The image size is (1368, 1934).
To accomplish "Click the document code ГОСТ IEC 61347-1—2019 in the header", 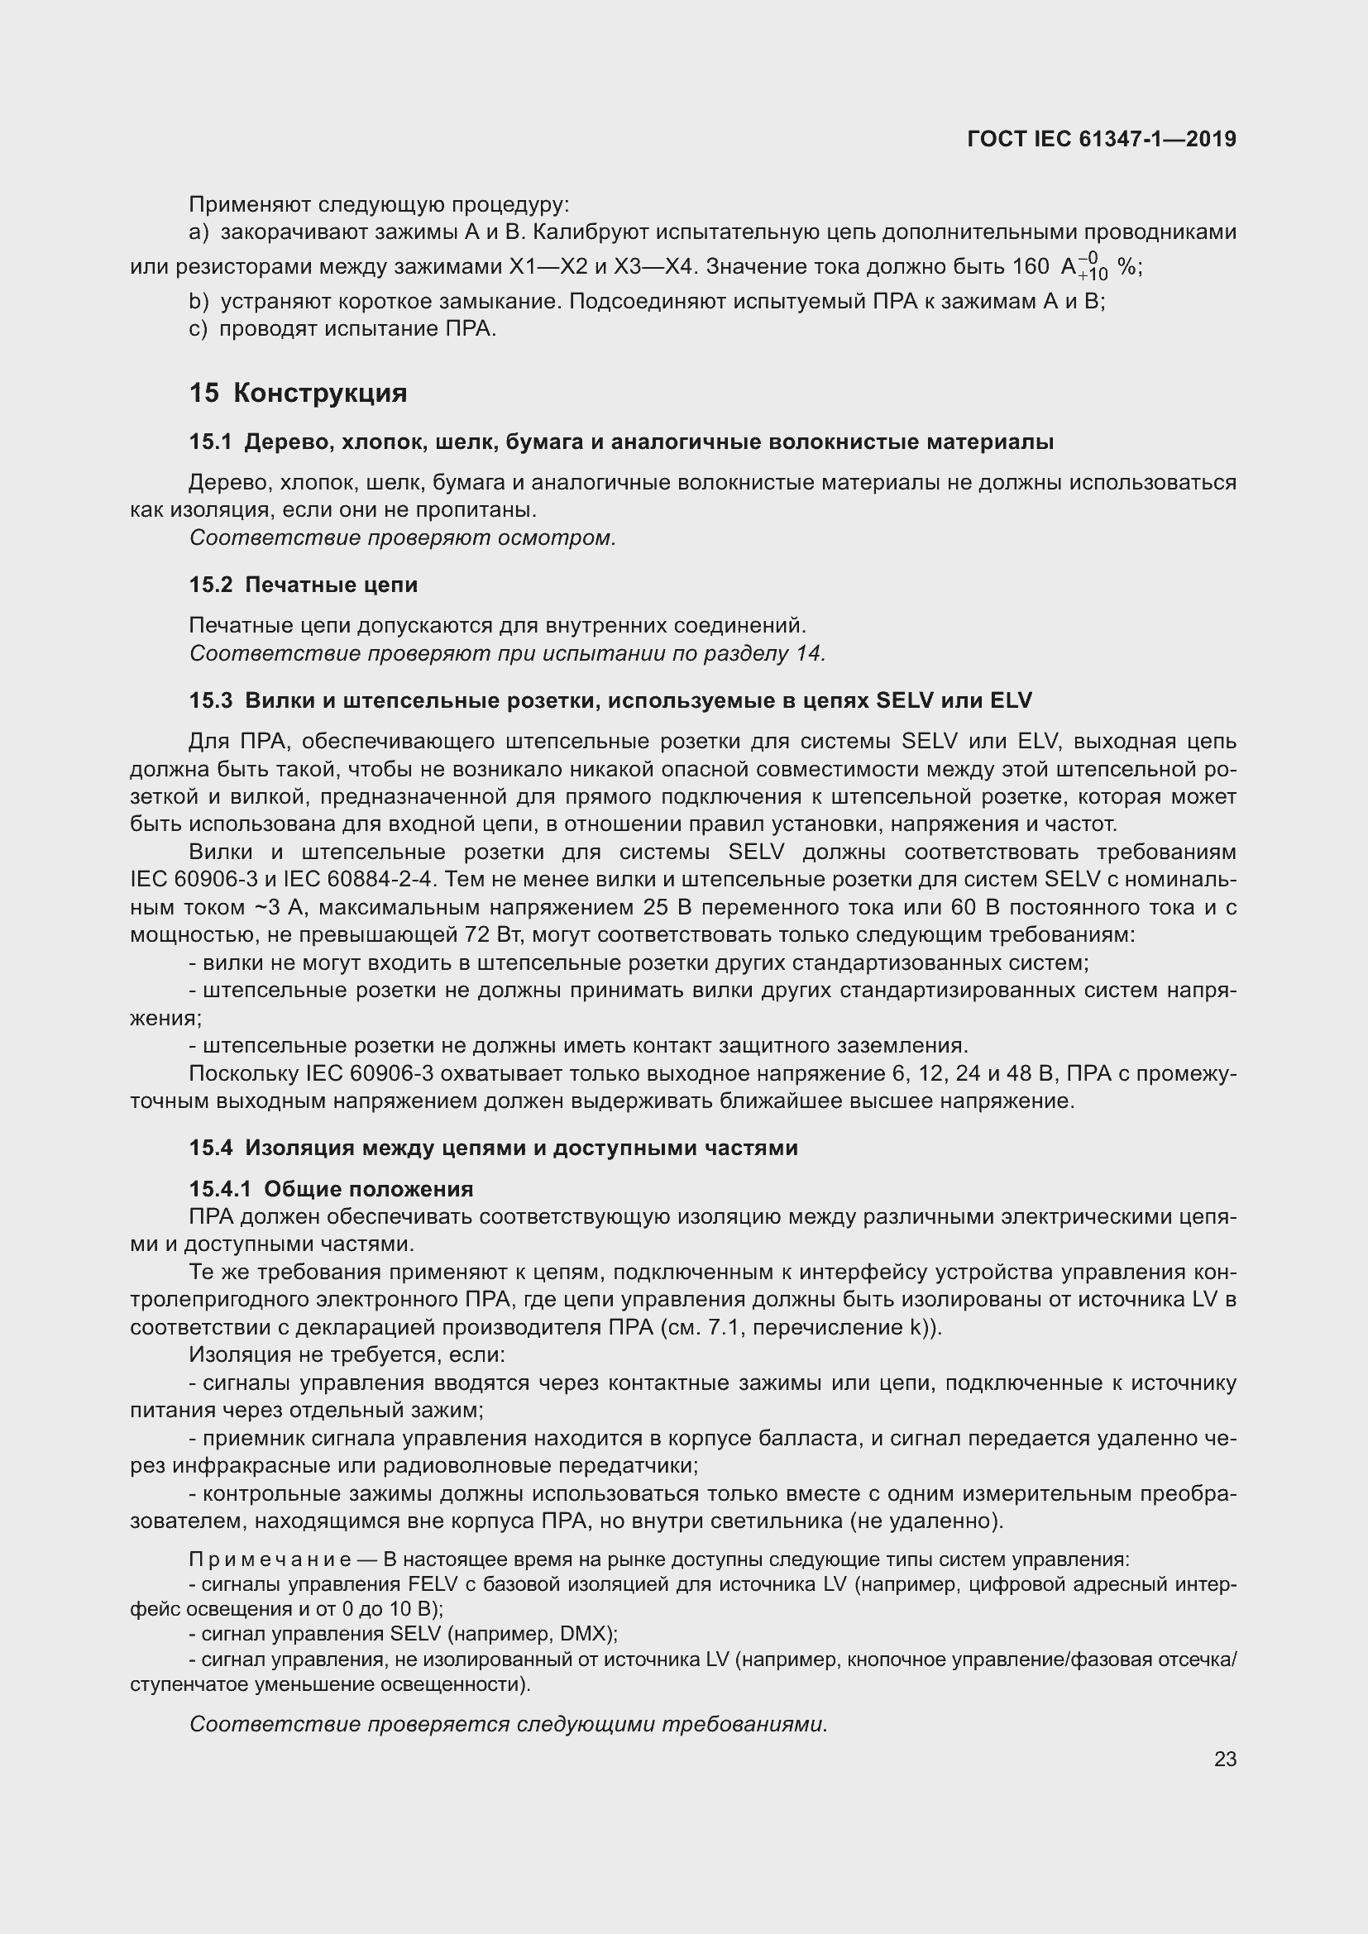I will coord(1102,139).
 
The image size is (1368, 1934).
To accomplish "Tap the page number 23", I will coord(1225,1759).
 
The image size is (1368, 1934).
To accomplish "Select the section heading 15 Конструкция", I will coord(299,393).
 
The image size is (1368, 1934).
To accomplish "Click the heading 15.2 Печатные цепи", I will coord(304,585).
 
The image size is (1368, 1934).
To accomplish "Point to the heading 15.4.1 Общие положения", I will coord(331,1188).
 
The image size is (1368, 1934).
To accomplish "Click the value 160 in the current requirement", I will coord(1031,267).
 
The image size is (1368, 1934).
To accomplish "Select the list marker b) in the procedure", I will coord(198,302).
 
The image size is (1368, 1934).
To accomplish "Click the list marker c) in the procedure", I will coord(198,328).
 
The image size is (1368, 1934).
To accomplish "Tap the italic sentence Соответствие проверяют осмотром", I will coord(403,537).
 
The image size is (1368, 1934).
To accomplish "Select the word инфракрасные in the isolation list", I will coord(251,1466).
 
